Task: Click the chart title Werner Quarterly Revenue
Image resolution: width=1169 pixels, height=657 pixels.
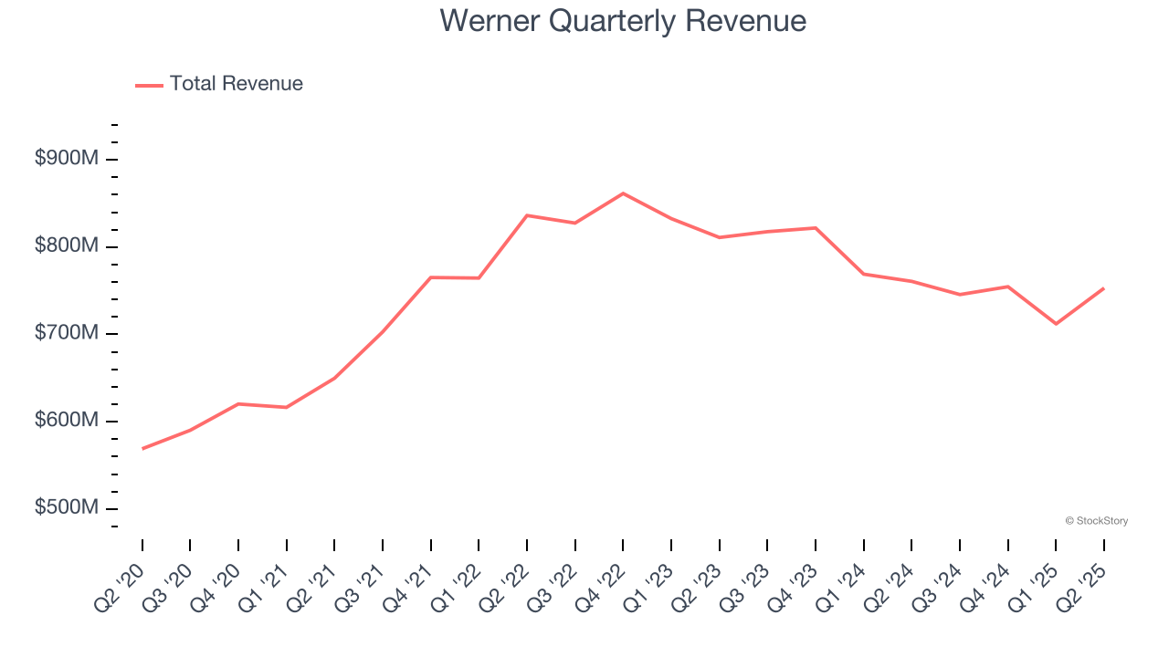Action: pyautogui.click(x=623, y=20)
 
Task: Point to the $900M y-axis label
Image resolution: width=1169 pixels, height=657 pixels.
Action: pyautogui.click(x=67, y=159)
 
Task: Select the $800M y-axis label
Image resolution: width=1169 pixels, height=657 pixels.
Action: pyautogui.click(x=67, y=246)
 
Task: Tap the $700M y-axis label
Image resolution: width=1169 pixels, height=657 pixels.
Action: pyautogui.click(x=67, y=334)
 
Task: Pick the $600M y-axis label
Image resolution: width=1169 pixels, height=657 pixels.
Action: pyautogui.click(x=67, y=421)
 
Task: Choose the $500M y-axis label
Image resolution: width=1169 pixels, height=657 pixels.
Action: pyautogui.click(x=67, y=508)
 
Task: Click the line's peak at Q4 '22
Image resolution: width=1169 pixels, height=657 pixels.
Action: pyautogui.click(x=623, y=193)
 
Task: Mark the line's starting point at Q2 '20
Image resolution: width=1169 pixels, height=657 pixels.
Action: pyautogui.click(x=142, y=448)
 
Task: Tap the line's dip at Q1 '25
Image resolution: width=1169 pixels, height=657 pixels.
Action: pyautogui.click(x=1056, y=324)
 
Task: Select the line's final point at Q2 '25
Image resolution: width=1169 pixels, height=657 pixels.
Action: pyautogui.click(x=1103, y=288)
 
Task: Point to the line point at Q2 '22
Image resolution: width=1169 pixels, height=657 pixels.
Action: pyautogui.click(x=527, y=215)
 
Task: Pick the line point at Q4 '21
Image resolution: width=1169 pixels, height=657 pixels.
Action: pyautogui.click(x=430, y=277)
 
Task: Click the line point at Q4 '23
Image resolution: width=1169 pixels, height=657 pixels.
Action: pyautogui.click(x=815, y=228)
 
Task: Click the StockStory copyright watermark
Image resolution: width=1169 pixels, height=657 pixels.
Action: pyautogui.click(x=1096, y=521)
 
